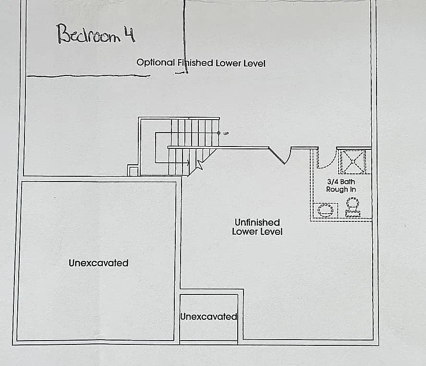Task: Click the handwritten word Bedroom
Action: pyautogui.click(x=88, y=34)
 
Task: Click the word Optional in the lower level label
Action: pyautogui.click(x=156, y=62)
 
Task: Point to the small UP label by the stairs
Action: pyautogui.click(x=226, y=134)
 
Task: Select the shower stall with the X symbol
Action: pyautogui.click(x=353, y=162)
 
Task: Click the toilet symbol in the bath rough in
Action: pyautogui.click(x=353, y=207)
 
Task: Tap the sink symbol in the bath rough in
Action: pyautogui.click(x=326, y=210)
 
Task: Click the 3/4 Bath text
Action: pyautogui.click(x=341, y=182)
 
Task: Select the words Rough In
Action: pyautogui.click(x=341, y=189)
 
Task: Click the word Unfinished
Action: pyautogui.click(x=257, y=222)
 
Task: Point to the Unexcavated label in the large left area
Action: pyautogui.click(x=98, y=263)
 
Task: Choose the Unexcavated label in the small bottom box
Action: pyautogui.click(x=208, y=317)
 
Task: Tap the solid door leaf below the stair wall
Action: pyautogui.click(x=277, y=156)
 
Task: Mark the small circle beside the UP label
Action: pyautogui.click(x=219, y=133)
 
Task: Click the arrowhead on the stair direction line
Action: pyautogui.click(x=188, y=163)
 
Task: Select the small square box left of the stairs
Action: pyautogui.click(x=133, y=171)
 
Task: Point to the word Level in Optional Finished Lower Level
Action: pyautogui.click(x=255, y=63)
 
